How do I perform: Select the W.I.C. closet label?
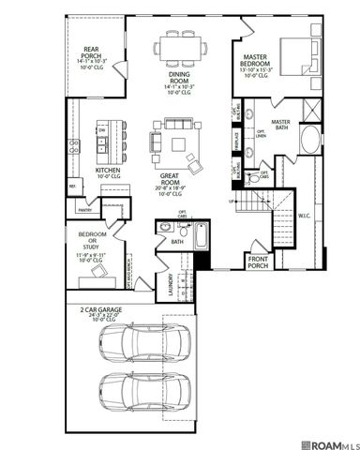[x=304, y=217]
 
